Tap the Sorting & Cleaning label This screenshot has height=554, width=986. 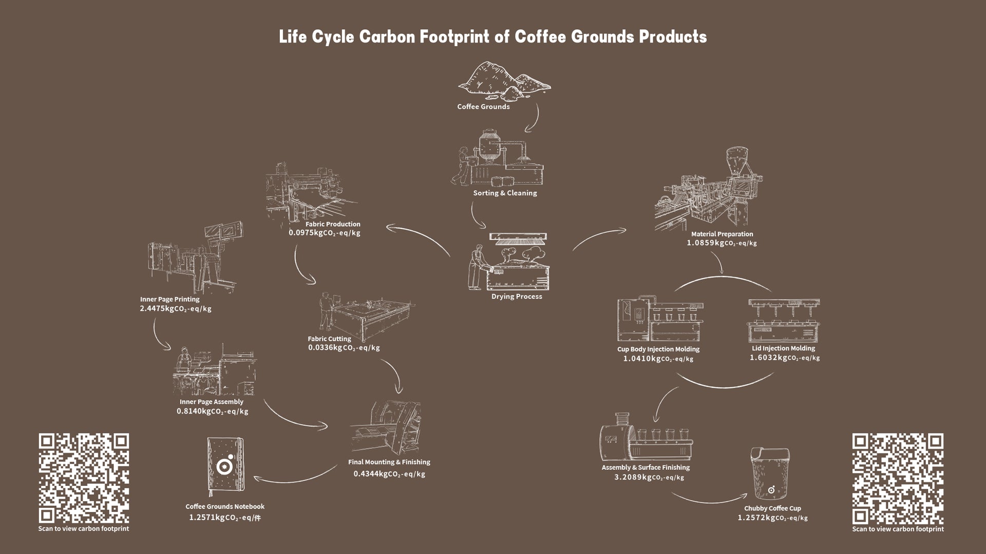coord(505,193)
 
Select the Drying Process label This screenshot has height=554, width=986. coord(517,296)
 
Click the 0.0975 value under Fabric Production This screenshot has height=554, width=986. coord(324,233)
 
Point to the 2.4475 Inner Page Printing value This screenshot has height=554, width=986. coord(175,309)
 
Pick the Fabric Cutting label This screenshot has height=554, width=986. coord(329,339)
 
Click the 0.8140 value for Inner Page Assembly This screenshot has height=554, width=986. coord(212,411)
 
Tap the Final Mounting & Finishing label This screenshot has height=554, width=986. coord(389,462)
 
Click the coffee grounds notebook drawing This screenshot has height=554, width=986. coord(226,464)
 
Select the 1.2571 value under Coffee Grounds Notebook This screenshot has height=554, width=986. coord(224,518)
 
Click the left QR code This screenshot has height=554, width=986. coord(84,478)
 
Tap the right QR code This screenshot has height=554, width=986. coord(898,479)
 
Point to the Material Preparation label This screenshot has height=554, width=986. coord(722,234)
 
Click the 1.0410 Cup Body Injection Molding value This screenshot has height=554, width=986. coord(658,359)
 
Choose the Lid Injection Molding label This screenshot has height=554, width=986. coord(783,348)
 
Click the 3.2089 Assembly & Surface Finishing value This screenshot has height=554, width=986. coord(649,478)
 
